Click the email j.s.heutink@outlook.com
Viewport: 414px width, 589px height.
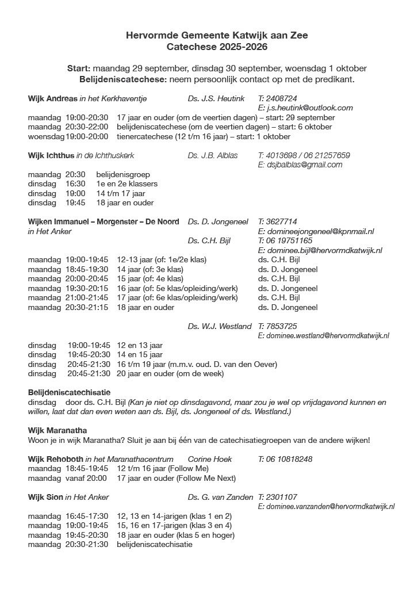[309, 108]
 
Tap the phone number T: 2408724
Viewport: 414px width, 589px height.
[278, 98]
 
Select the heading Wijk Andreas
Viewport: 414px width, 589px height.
[52, 98]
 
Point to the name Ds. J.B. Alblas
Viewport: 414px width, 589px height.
[212, 155]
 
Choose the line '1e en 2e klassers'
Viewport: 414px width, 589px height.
[126, 183]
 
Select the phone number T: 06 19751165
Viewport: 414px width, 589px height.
[285, 240]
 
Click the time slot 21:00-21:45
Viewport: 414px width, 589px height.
[86, 297]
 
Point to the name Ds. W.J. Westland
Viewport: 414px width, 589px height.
[219, 326]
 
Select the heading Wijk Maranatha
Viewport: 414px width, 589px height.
[57, 430]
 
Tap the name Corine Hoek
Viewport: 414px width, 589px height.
[210, 459]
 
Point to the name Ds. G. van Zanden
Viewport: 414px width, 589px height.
[220, 497]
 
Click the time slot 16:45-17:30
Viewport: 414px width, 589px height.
[86, 516]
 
